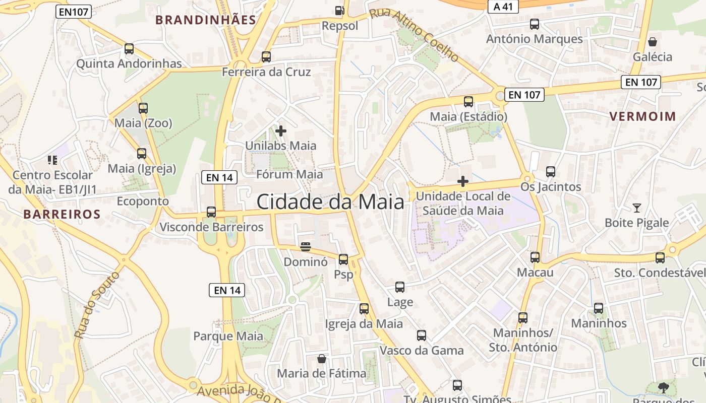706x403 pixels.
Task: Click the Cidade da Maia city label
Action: click(x=330, y=201)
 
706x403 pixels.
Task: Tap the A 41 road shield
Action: click(x=503, y=6)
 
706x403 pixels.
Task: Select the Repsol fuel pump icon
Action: click(x=340, y=10)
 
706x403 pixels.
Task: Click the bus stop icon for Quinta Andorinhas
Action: click(x=129, y=49)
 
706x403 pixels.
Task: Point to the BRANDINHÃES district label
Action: click(x=206, y=20)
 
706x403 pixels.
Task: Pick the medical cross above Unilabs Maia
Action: click(x=281, y=131)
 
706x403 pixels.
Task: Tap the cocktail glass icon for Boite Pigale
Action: click(x=637, y=208)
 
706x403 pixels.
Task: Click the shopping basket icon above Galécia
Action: click(x=653, y=41)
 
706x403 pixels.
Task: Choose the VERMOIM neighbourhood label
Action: click(x=642, y=116)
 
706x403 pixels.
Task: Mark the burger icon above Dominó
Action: click(x=306, y=247)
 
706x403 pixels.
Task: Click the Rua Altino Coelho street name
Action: click(x=415, y=35)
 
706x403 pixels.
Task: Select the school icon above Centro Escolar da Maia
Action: click(x=52, y=160)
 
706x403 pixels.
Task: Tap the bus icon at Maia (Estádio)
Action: click(x=468, y=102)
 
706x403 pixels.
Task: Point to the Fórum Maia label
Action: click(x=289, y=174)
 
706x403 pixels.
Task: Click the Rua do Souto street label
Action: click(x=97, y=305)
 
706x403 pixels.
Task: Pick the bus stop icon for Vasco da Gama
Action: click(x=422, y=335)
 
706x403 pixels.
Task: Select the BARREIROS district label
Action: click(x=62, y=214)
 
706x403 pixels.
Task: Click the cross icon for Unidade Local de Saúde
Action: click(x=463, y=181)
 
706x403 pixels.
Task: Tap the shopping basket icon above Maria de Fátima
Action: click(x=322, y=359)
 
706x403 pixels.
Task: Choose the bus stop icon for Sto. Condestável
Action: click(x=660, y=258)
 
